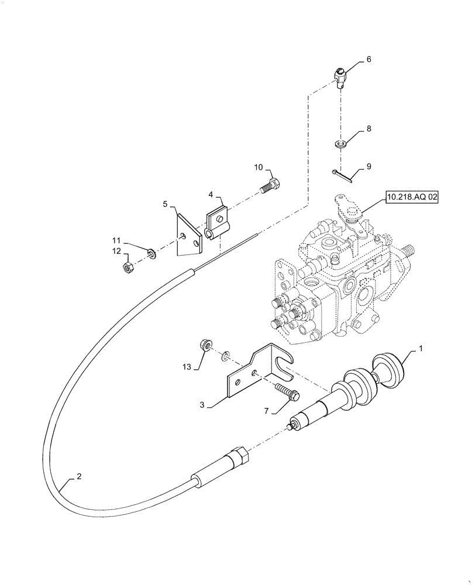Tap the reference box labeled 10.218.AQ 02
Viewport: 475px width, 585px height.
pyautogui.click(x=411, y=198)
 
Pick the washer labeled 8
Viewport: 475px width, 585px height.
pyautogui.click(x=340, y=143)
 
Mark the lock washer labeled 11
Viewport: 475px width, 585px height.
pyautogui.click(x=152, y=253)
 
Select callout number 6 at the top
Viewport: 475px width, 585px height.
pyautogui.click(x=369, y=59)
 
